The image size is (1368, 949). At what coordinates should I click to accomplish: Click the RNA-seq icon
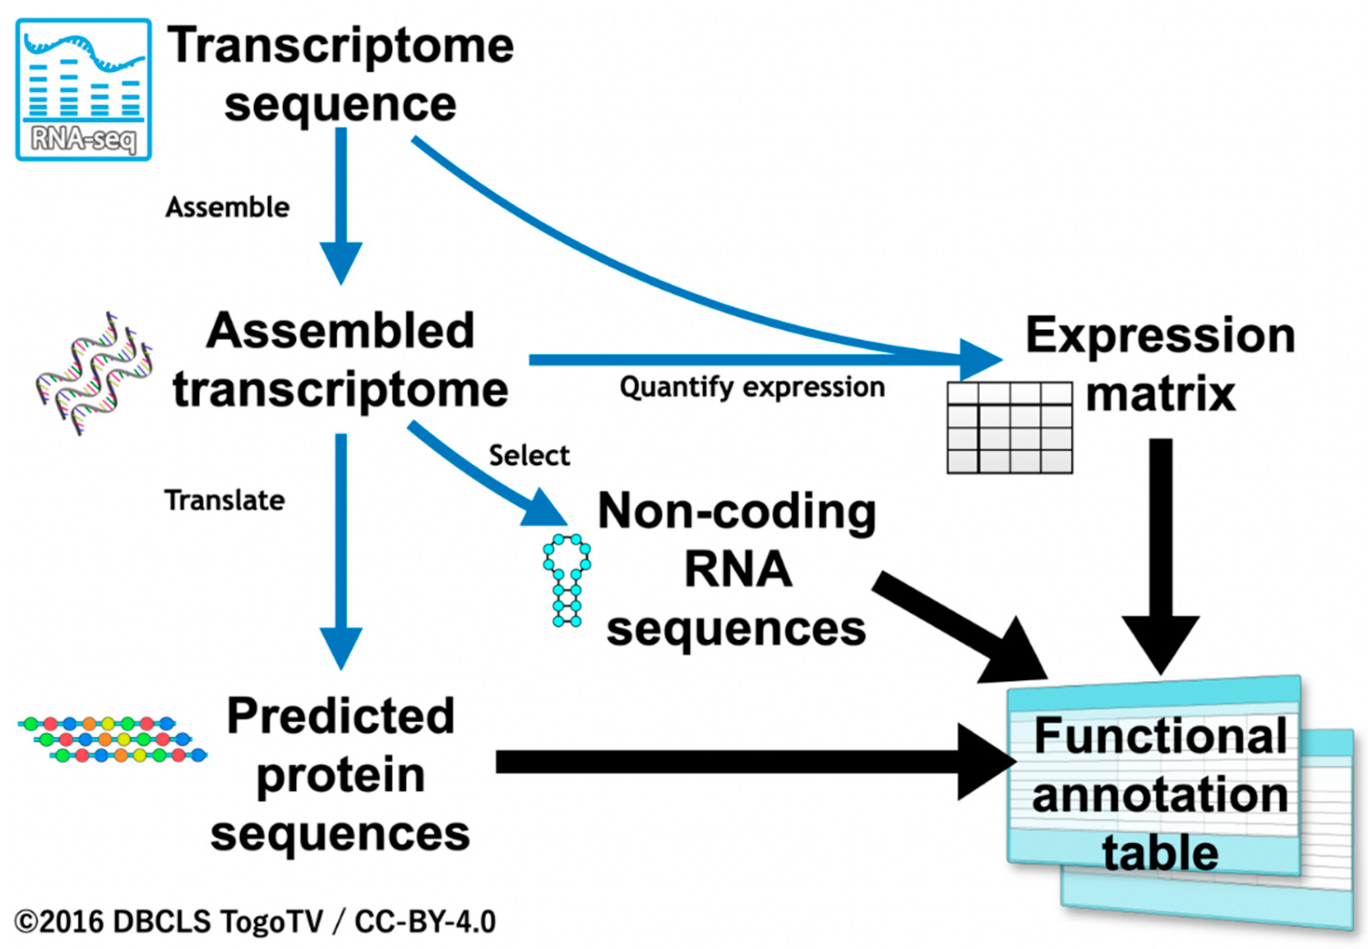click(x=84, y=89)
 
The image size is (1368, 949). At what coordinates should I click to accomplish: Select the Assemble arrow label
click(x=228, y=208)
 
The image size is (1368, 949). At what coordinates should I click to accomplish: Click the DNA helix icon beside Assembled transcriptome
click(x=94, y=373)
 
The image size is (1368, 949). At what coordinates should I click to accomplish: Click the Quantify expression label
click(x=752, y=388)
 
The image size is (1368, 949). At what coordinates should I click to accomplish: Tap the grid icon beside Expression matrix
click(x=1010, y=427)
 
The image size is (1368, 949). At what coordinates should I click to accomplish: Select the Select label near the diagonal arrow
click(x=529, y=455)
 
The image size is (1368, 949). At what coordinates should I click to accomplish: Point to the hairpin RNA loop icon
click(x=567, y=580)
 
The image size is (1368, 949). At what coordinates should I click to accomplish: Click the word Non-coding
click(x=737, y=513)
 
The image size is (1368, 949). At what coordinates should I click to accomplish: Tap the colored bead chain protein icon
click(x=112, y=739)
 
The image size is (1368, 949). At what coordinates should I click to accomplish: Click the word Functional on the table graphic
click(x=1160, y=736)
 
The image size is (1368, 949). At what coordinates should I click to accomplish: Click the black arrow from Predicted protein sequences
click(x=755, y=762)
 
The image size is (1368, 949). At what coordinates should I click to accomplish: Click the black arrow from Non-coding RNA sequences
click(x=960, y=629)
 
